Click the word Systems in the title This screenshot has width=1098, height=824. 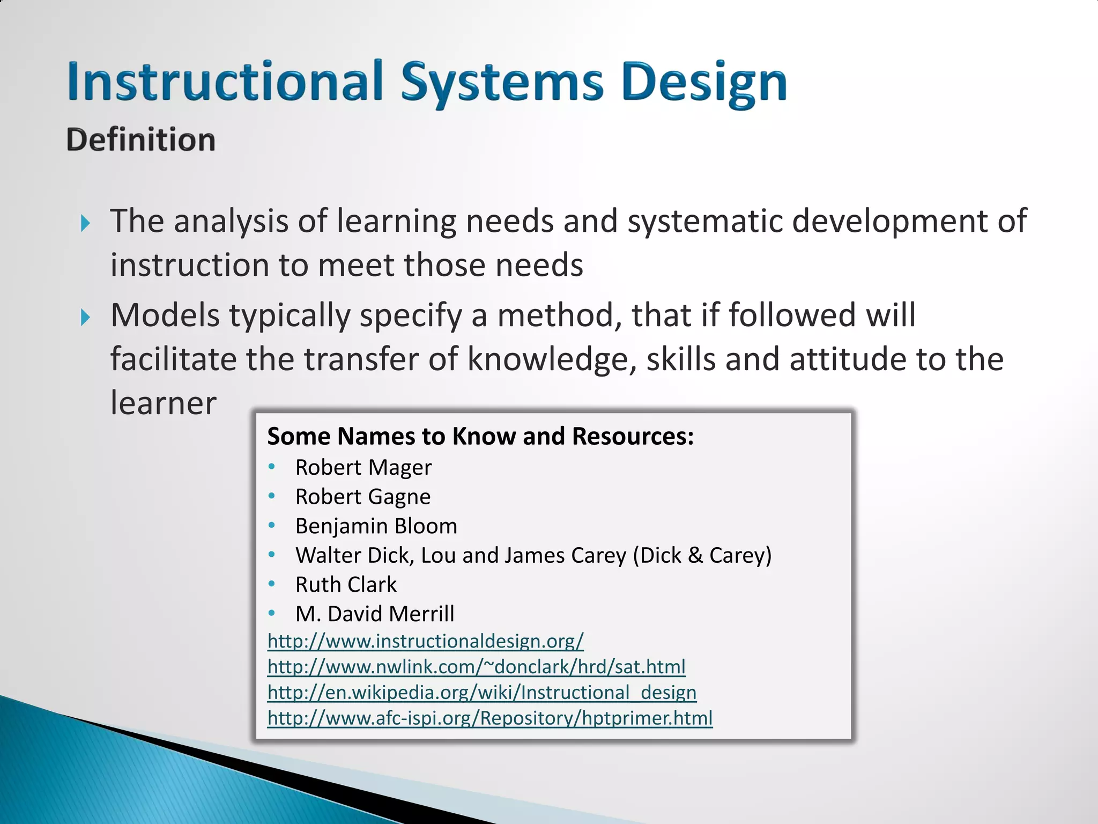(x=502, y=83)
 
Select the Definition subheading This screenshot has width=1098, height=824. (x=140, y=140)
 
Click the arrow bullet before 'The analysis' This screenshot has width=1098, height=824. (x=85, y=223)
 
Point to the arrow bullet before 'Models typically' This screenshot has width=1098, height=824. (x=85, y=317)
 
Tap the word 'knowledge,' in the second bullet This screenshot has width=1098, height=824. (x=552, y=359)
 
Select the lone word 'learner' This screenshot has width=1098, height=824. (x=163, y=403)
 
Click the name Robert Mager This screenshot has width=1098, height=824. (x=363, y=467)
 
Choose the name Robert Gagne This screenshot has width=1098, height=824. (x=362, y=497)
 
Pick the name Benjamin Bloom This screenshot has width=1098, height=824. (x=376, y=526)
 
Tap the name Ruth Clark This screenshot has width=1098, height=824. (x=346, y=584)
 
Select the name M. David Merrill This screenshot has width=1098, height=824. (x=374, y=614)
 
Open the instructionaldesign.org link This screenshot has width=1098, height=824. (x=425, y=641)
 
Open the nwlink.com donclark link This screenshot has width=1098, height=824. (x=476, y=666)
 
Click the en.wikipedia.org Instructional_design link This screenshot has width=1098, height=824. (x=481, y=692)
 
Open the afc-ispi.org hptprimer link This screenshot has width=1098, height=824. (x=489, y=718)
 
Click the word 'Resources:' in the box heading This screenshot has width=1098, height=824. (x=633, y=436)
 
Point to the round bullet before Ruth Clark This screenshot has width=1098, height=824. (x=272, y=583)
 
